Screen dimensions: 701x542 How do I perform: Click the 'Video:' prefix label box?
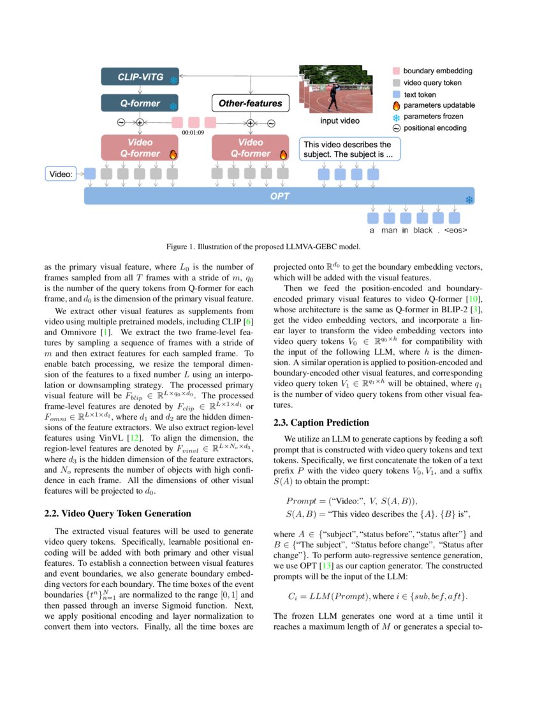[x=62, y=173]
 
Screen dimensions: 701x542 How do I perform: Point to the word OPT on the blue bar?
[x=280, y=196]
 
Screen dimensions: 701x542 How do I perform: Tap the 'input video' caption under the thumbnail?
[x=339, y=120]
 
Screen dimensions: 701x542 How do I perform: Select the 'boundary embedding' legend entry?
[x=433, y=71]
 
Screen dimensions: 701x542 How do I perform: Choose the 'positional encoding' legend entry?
[x=434, y=128]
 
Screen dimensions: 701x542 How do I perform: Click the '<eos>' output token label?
[x=455, y=230]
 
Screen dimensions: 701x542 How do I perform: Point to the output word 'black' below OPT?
[x=422, y=230]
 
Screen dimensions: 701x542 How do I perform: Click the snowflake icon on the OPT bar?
[x=469, y=200]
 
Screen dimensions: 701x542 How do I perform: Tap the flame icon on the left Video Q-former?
[x=172, y=154]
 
